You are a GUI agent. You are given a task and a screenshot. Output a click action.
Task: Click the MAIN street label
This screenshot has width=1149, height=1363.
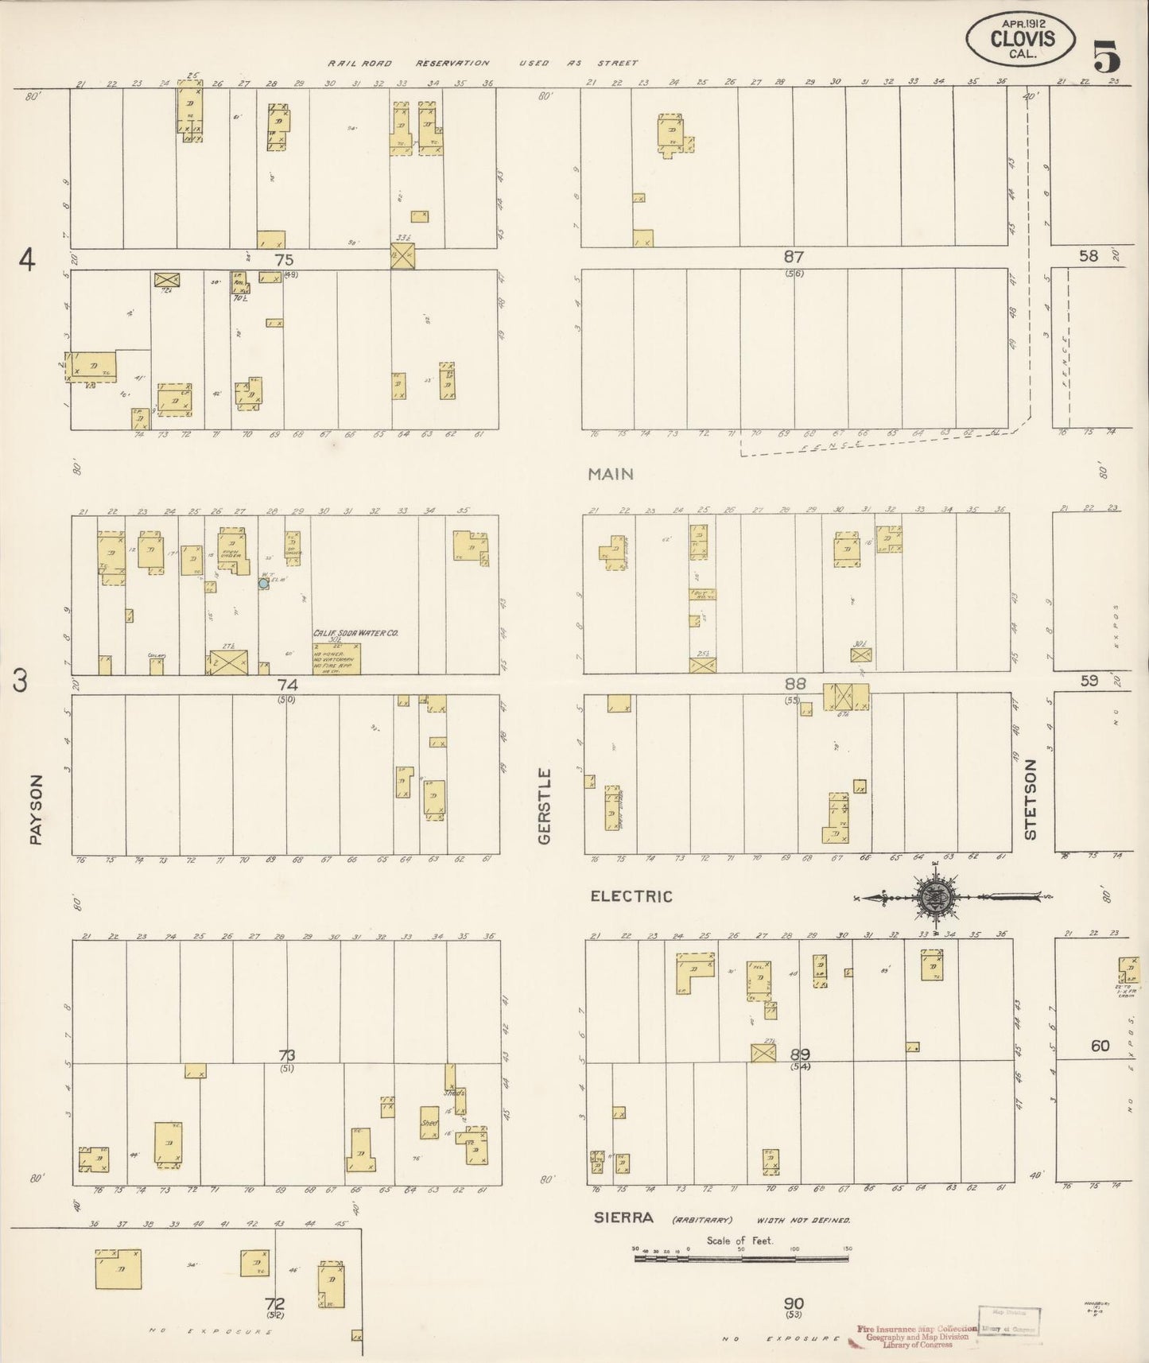[611, 474]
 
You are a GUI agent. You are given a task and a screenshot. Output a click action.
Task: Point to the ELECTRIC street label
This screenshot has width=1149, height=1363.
[631, 896]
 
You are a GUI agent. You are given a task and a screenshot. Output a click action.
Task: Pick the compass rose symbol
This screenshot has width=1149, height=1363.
[937, 897]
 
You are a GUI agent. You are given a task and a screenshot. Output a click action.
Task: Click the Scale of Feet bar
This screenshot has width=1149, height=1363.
[741, 1259]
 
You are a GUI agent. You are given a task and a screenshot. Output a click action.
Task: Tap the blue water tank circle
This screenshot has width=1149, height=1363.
[263, 584]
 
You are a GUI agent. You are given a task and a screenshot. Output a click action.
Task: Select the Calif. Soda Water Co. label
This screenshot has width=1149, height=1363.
[355, 633]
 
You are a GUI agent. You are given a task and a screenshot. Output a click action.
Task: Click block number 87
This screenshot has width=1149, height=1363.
[794, 257]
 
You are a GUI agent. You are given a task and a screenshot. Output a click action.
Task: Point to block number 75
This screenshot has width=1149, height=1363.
[284, 259]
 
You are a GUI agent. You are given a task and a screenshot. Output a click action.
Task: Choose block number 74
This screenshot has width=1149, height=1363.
[287, 684]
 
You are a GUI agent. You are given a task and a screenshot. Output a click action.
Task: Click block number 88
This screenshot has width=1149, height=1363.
[794, 683]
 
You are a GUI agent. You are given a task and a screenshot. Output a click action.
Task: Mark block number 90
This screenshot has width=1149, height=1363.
[794, 1303]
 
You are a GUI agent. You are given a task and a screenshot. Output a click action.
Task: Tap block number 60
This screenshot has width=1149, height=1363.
[1100, 1046]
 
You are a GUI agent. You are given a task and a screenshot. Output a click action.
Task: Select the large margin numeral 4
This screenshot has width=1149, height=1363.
[29, 260]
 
